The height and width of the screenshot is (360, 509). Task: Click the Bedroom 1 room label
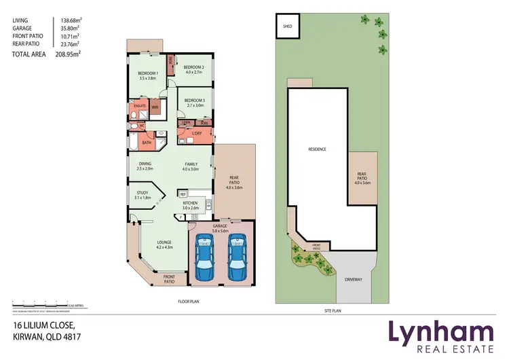click(147, 73)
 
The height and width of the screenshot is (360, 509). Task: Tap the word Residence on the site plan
click(318, 149)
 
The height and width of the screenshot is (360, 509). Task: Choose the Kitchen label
click(190, 203)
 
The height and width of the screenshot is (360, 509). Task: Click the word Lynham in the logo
click(440, 333)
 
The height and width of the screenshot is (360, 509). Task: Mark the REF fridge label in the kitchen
click(183, 194)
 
